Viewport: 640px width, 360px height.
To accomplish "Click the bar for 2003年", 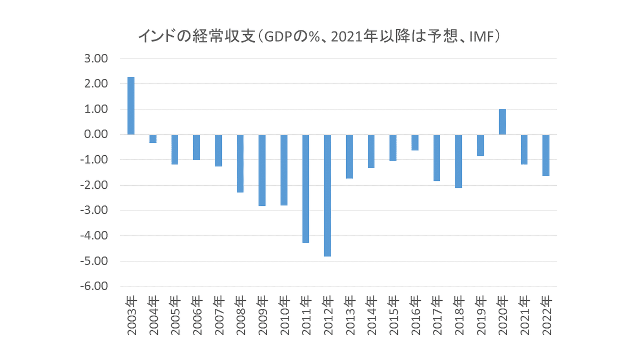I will [x=131, y=106].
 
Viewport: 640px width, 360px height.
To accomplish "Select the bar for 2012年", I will [x=327, y=195].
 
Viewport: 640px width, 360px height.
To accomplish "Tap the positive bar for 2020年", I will [x=502, y=122].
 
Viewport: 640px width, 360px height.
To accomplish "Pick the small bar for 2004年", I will [x=153, y=139].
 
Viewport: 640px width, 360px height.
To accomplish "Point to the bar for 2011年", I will [x=306, y=189].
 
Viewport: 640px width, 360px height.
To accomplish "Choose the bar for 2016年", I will [x=415, y=142].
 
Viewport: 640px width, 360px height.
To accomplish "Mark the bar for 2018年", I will [x=459, y=161].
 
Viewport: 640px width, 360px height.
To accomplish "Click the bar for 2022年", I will [x=546, y=155].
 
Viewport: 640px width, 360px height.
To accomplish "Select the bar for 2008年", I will [x=240, y=163].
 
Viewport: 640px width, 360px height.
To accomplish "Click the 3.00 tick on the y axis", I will [x=97, y=59].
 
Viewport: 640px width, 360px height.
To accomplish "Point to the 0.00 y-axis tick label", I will [x=97, y=134].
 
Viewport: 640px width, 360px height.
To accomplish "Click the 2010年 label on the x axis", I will [x=284, y=315].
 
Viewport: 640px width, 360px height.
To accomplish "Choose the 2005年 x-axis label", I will [x=175, y=315].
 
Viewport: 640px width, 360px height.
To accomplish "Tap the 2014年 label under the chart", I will [x=372, y=315].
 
